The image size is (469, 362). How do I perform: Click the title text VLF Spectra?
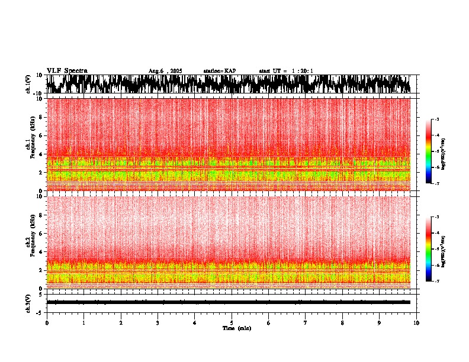67,70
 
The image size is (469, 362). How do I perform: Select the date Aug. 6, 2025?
165,71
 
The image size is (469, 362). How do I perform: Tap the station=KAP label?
220,71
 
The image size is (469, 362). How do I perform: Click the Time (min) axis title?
236,328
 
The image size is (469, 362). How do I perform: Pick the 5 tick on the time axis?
232,322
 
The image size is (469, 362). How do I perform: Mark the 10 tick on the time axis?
417,322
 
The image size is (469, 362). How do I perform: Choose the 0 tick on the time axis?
47,322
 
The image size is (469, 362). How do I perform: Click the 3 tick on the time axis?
158,322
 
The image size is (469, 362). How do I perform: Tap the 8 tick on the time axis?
342,322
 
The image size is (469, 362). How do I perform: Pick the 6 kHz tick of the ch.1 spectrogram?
41,135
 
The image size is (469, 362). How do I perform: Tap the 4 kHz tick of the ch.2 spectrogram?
41,251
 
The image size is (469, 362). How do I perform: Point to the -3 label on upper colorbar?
436,119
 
